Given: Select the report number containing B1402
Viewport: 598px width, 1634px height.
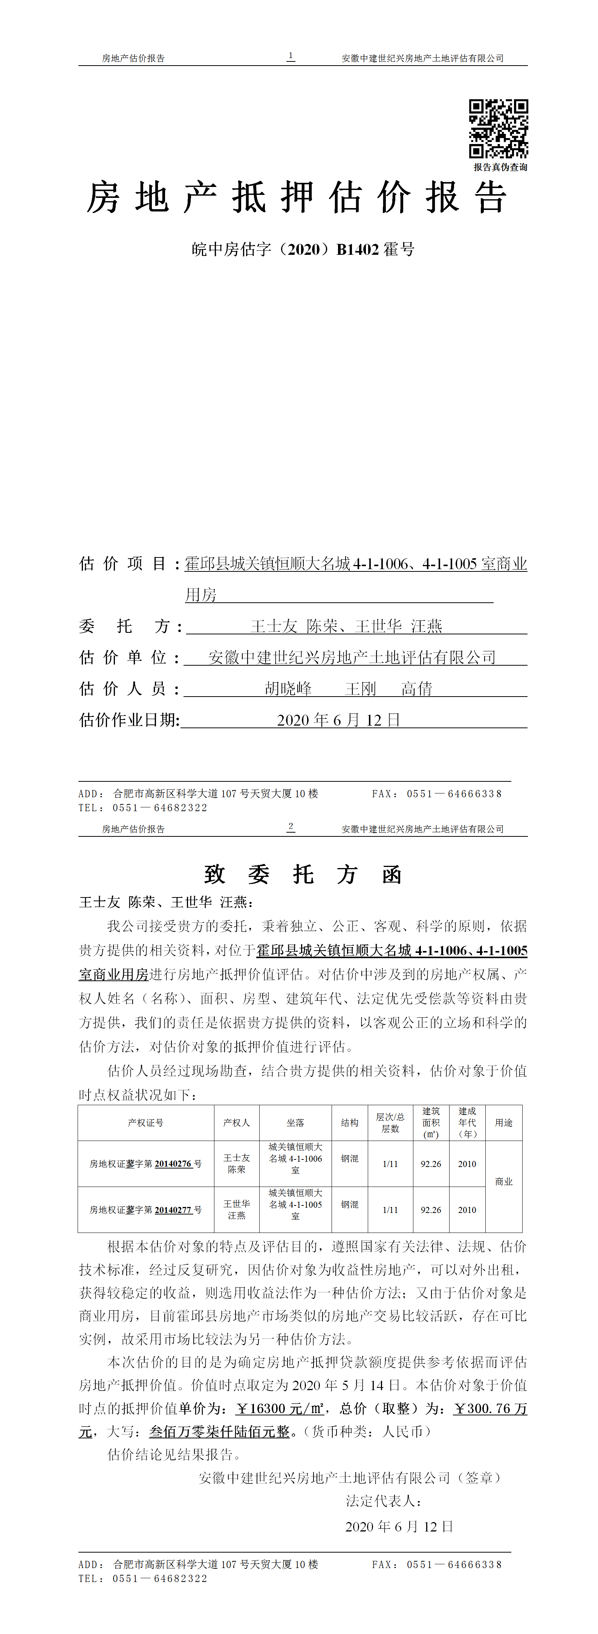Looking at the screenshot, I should click(303, 249).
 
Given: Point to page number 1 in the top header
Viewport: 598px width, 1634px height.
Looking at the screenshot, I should click(291, 57).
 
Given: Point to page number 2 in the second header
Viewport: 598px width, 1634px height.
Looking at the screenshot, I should click(291, 827).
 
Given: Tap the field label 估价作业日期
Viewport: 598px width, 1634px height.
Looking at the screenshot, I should click(129, 720).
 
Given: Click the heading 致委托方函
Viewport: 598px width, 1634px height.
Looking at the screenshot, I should click(303, 875).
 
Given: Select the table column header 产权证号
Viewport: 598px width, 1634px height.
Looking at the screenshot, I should click(146, 1123).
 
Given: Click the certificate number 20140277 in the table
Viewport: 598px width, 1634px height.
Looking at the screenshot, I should click(173, 1210).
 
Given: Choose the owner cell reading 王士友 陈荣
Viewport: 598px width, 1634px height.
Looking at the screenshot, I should click(237, 1163).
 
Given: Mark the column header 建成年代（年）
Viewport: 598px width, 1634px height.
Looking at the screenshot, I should click(467, 1123).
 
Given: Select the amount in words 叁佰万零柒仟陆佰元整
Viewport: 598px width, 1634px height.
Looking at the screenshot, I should click(219, 1432).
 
